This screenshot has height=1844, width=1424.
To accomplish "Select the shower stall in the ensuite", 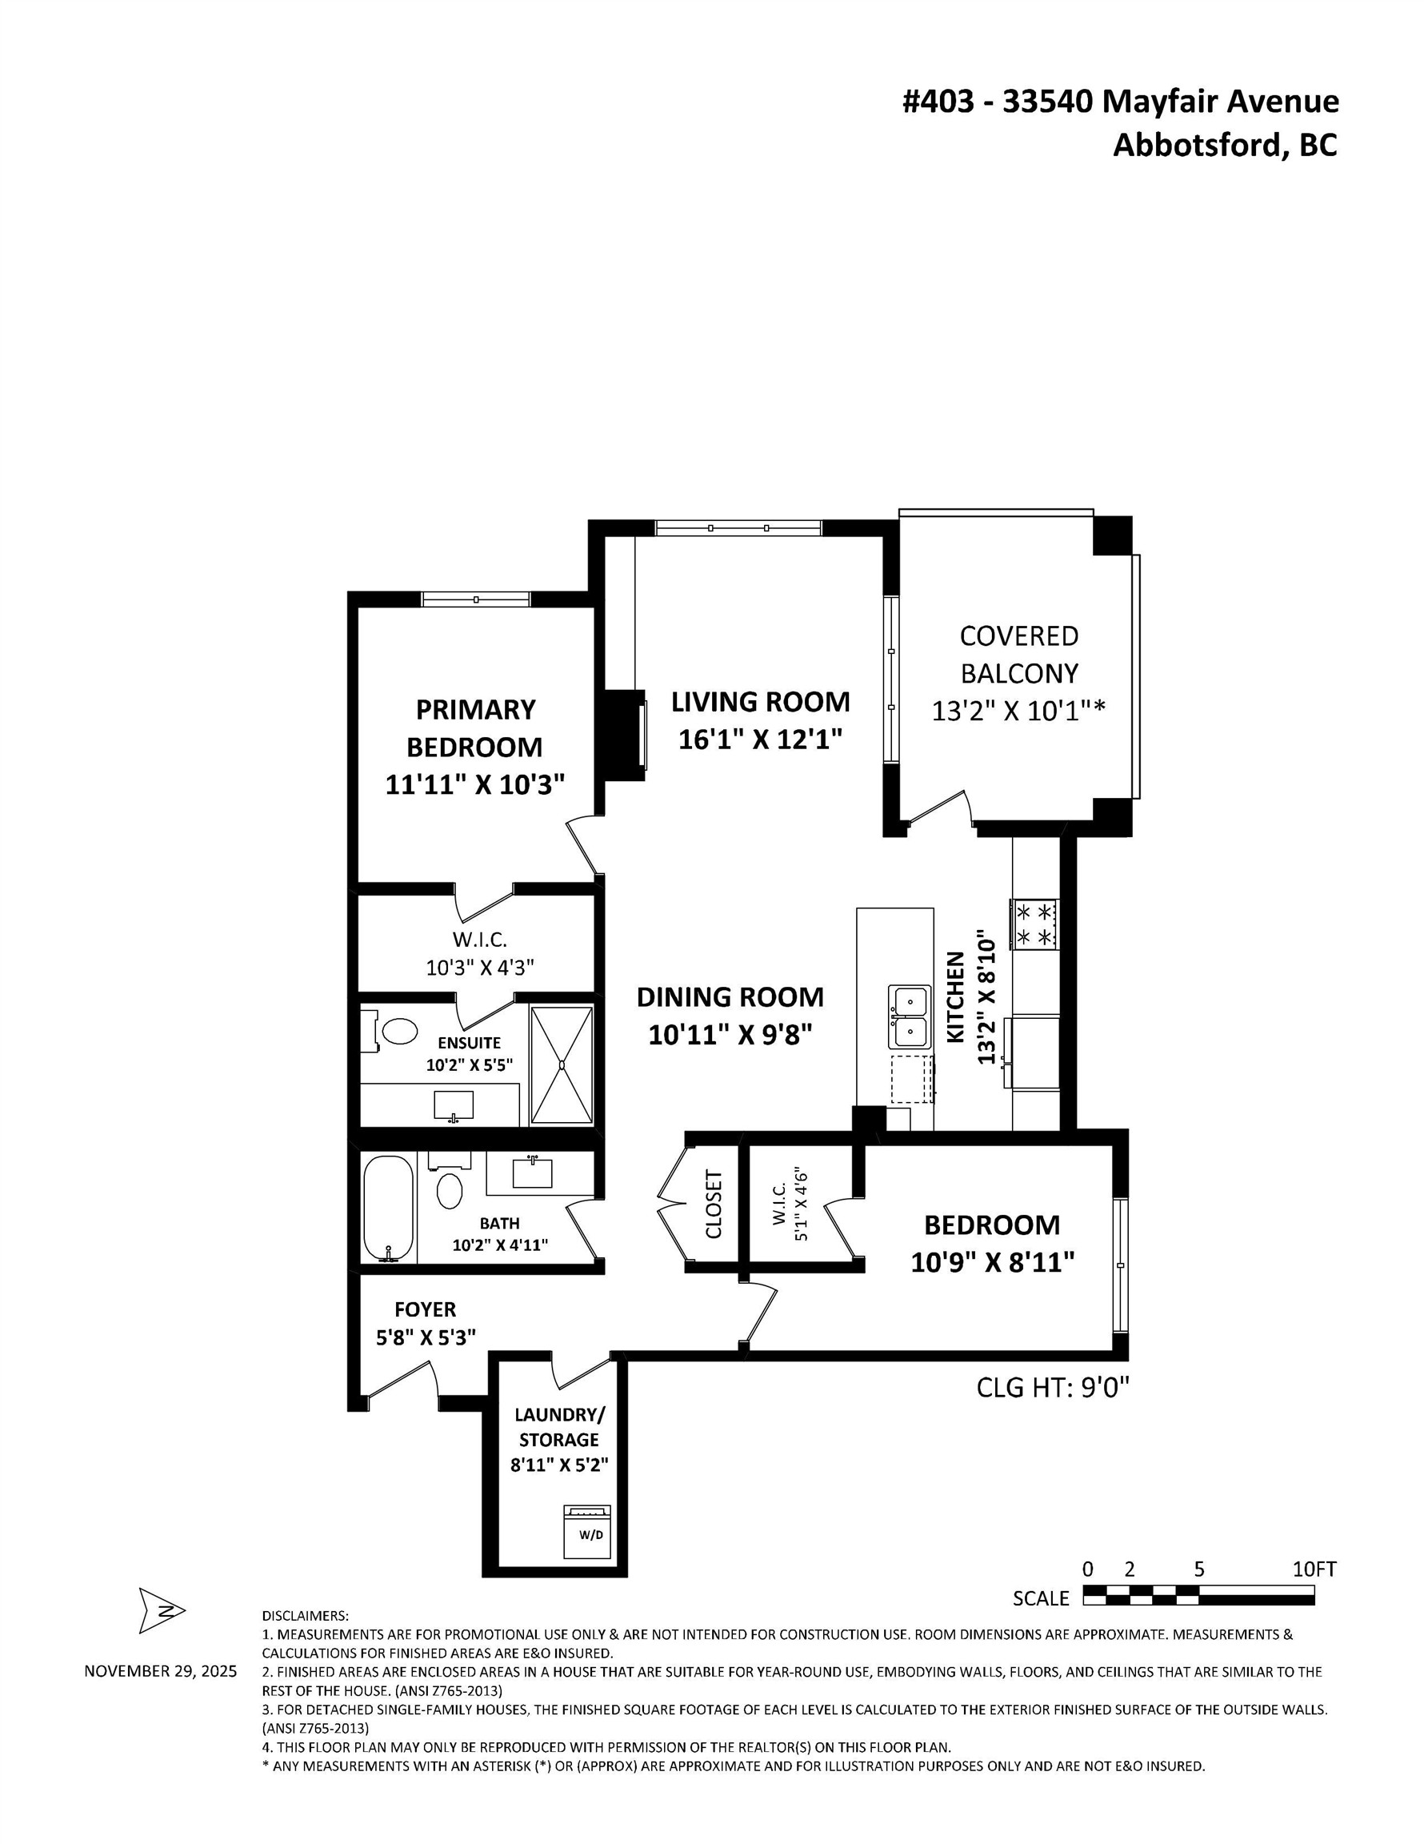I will [x=562, y=1064].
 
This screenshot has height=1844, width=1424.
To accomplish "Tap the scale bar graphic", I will [x=1198, y=1594].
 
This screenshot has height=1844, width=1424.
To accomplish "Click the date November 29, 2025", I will [x=160, y=1671].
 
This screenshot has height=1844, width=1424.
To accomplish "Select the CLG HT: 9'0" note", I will [x=1053, y=1387].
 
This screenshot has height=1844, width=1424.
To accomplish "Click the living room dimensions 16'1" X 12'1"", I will [x=761, y=740].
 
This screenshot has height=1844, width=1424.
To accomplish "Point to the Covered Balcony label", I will [x=1019, y=655].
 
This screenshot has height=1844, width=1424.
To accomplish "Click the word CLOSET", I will [x=714, y=1204].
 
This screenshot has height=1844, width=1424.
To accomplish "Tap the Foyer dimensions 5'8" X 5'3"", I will [x=426, y=1337].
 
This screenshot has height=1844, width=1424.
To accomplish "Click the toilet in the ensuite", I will [x=398, y=1031].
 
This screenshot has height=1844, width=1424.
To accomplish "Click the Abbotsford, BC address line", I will [x=1225, y=145].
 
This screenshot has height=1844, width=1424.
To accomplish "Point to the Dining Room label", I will [x=730, y=996].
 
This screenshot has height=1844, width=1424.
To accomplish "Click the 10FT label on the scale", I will [x=1314, y=1569].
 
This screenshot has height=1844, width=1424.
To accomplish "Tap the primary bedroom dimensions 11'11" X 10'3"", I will [x=474, y=784].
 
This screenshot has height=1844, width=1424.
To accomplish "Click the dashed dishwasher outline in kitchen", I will [x=912, y=1078].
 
